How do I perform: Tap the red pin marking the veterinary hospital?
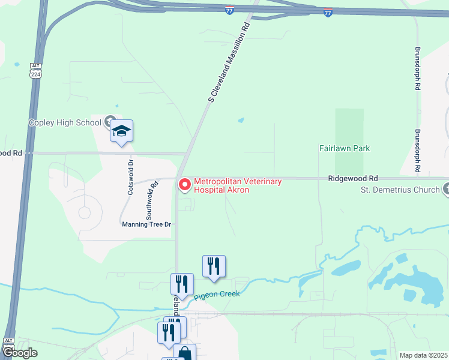click(x=184, y=185)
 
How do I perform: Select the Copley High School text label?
click(x=65, y=123)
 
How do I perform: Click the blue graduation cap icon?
click(x=121, y=131)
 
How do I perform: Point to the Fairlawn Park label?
click(x=345, y=148)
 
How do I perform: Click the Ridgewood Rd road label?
click(x=353, y=179)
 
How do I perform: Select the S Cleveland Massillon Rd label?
click(x=228, y=62)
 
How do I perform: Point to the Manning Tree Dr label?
click(x=147, y=224)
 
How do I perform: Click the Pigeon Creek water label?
click(x=217, y=294)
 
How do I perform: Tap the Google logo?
click(x=19, y=353)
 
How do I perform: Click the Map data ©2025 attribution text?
click(x=424, y=355)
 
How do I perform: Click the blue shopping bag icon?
click(x=184, y=353)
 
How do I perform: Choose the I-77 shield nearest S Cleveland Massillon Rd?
click(x=230, y=11)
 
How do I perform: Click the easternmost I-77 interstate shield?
click(x=328, y=12)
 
